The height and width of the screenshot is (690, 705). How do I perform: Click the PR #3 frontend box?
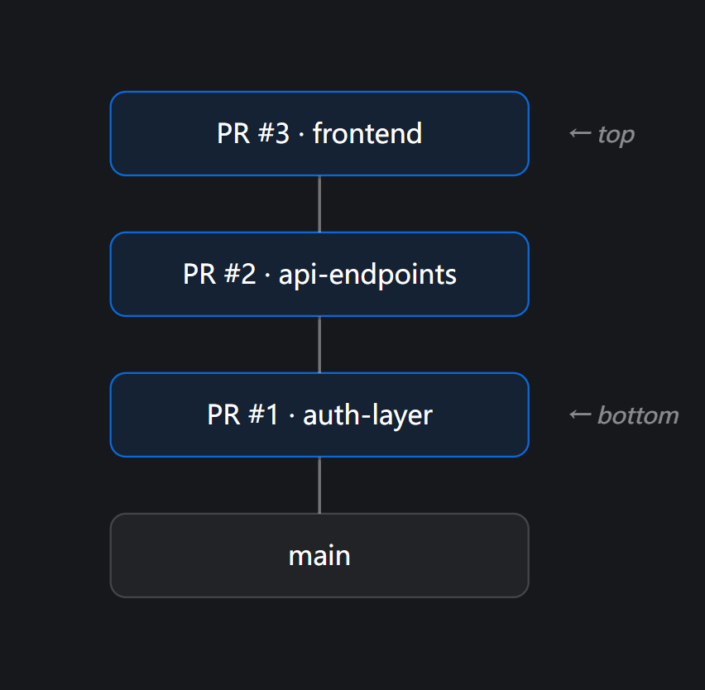point(319,133)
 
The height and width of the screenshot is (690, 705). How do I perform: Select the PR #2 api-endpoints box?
point(319,274)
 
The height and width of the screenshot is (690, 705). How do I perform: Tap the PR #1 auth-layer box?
point(319,414)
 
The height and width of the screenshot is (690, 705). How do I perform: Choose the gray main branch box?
point(319,555)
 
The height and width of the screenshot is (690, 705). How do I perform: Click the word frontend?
point(367,133)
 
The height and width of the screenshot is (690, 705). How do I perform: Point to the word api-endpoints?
point(367,274)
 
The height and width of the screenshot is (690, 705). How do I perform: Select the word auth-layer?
point(367,414)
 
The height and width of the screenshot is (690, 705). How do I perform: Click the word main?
point(319,556)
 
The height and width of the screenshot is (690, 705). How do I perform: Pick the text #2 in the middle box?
point(238,274)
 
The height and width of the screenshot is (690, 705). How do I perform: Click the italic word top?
point(616,134)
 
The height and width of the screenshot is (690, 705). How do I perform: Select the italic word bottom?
point(637,415)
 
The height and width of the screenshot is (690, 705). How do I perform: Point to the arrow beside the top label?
point(580,133)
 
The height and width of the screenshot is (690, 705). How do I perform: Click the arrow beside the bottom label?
point(580,414)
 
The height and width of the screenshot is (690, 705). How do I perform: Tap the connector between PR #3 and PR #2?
point(319,204)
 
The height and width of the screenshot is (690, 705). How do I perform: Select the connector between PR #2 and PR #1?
point(319,344)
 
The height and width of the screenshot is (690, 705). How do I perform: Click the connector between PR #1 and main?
point(319,485)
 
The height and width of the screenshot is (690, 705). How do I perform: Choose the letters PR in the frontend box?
point(233,133)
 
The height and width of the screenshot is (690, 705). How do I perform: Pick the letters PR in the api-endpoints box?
point(199,274)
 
